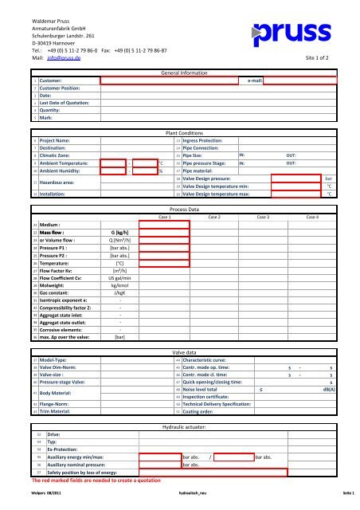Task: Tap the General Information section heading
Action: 184,73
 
